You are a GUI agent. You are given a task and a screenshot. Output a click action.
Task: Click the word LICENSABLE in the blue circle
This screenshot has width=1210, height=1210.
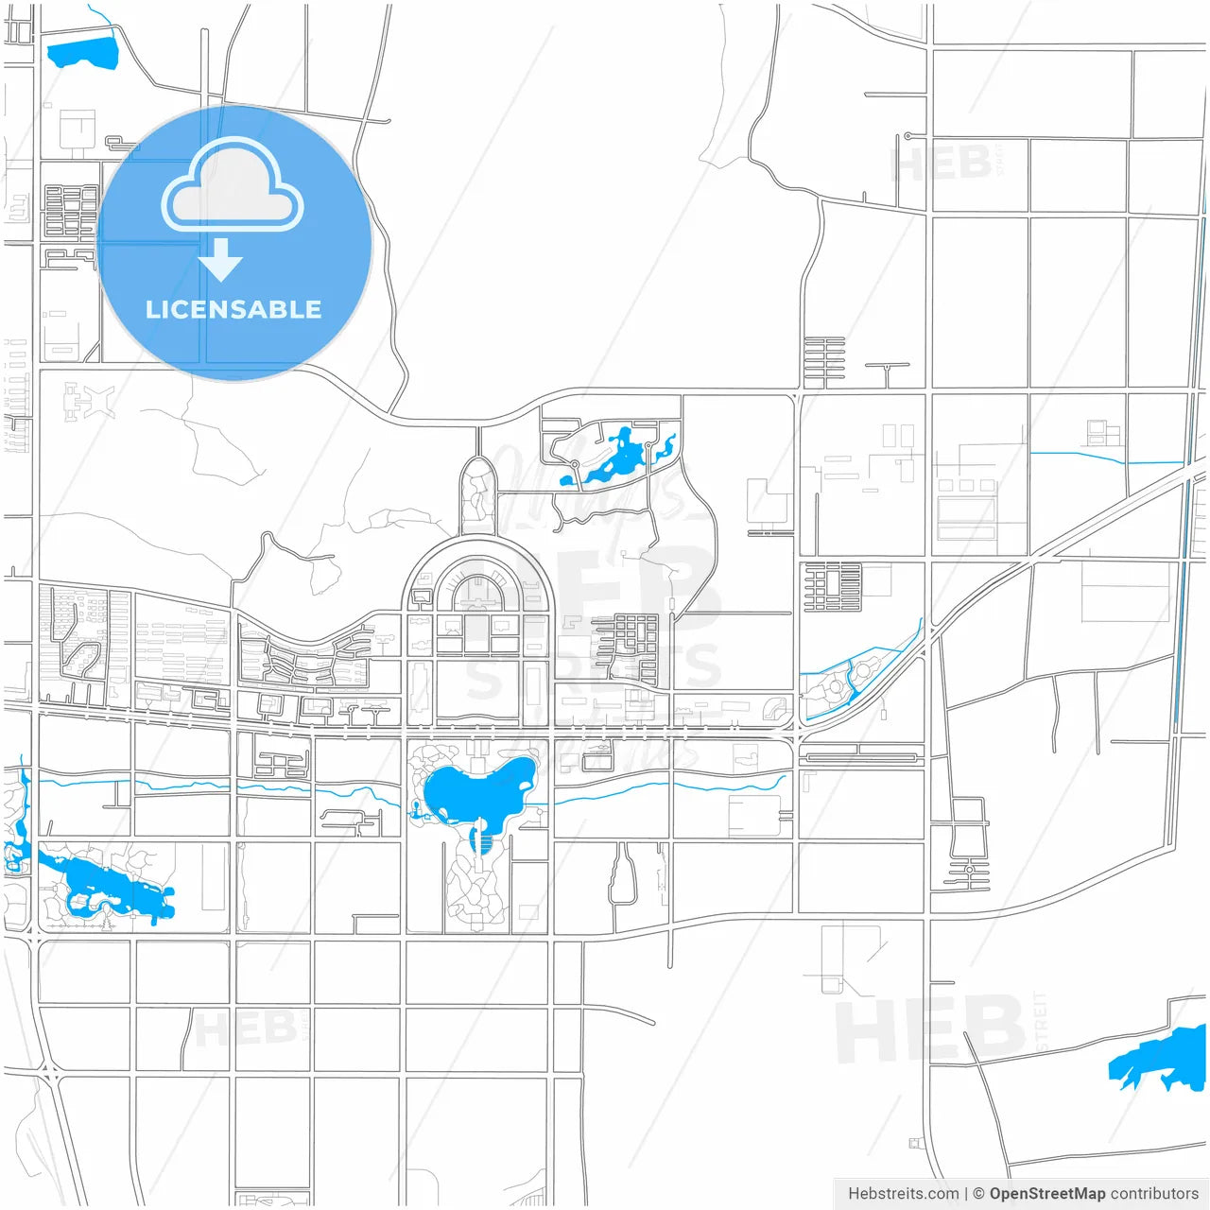233,309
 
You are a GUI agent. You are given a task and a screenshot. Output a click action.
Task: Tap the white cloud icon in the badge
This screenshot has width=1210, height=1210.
233,186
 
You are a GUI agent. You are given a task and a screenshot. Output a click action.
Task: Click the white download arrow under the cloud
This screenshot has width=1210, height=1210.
221,260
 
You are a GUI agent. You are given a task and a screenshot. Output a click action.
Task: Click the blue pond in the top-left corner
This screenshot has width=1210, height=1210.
82,54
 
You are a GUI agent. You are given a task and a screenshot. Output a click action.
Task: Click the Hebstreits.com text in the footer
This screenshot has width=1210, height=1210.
903,1193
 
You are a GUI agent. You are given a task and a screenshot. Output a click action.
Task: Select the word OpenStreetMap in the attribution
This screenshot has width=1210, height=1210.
1046,1193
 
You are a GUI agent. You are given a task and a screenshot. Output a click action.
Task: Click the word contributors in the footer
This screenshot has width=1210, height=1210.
1154,1193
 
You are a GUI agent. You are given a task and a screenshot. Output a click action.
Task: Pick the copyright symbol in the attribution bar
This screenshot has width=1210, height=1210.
978,1193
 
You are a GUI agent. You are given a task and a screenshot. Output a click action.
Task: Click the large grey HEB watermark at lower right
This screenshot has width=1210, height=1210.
931,1030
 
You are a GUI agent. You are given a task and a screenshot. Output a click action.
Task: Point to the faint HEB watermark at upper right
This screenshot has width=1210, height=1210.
942,165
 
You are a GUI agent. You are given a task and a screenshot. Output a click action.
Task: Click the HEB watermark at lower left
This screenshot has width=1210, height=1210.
245,1028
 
